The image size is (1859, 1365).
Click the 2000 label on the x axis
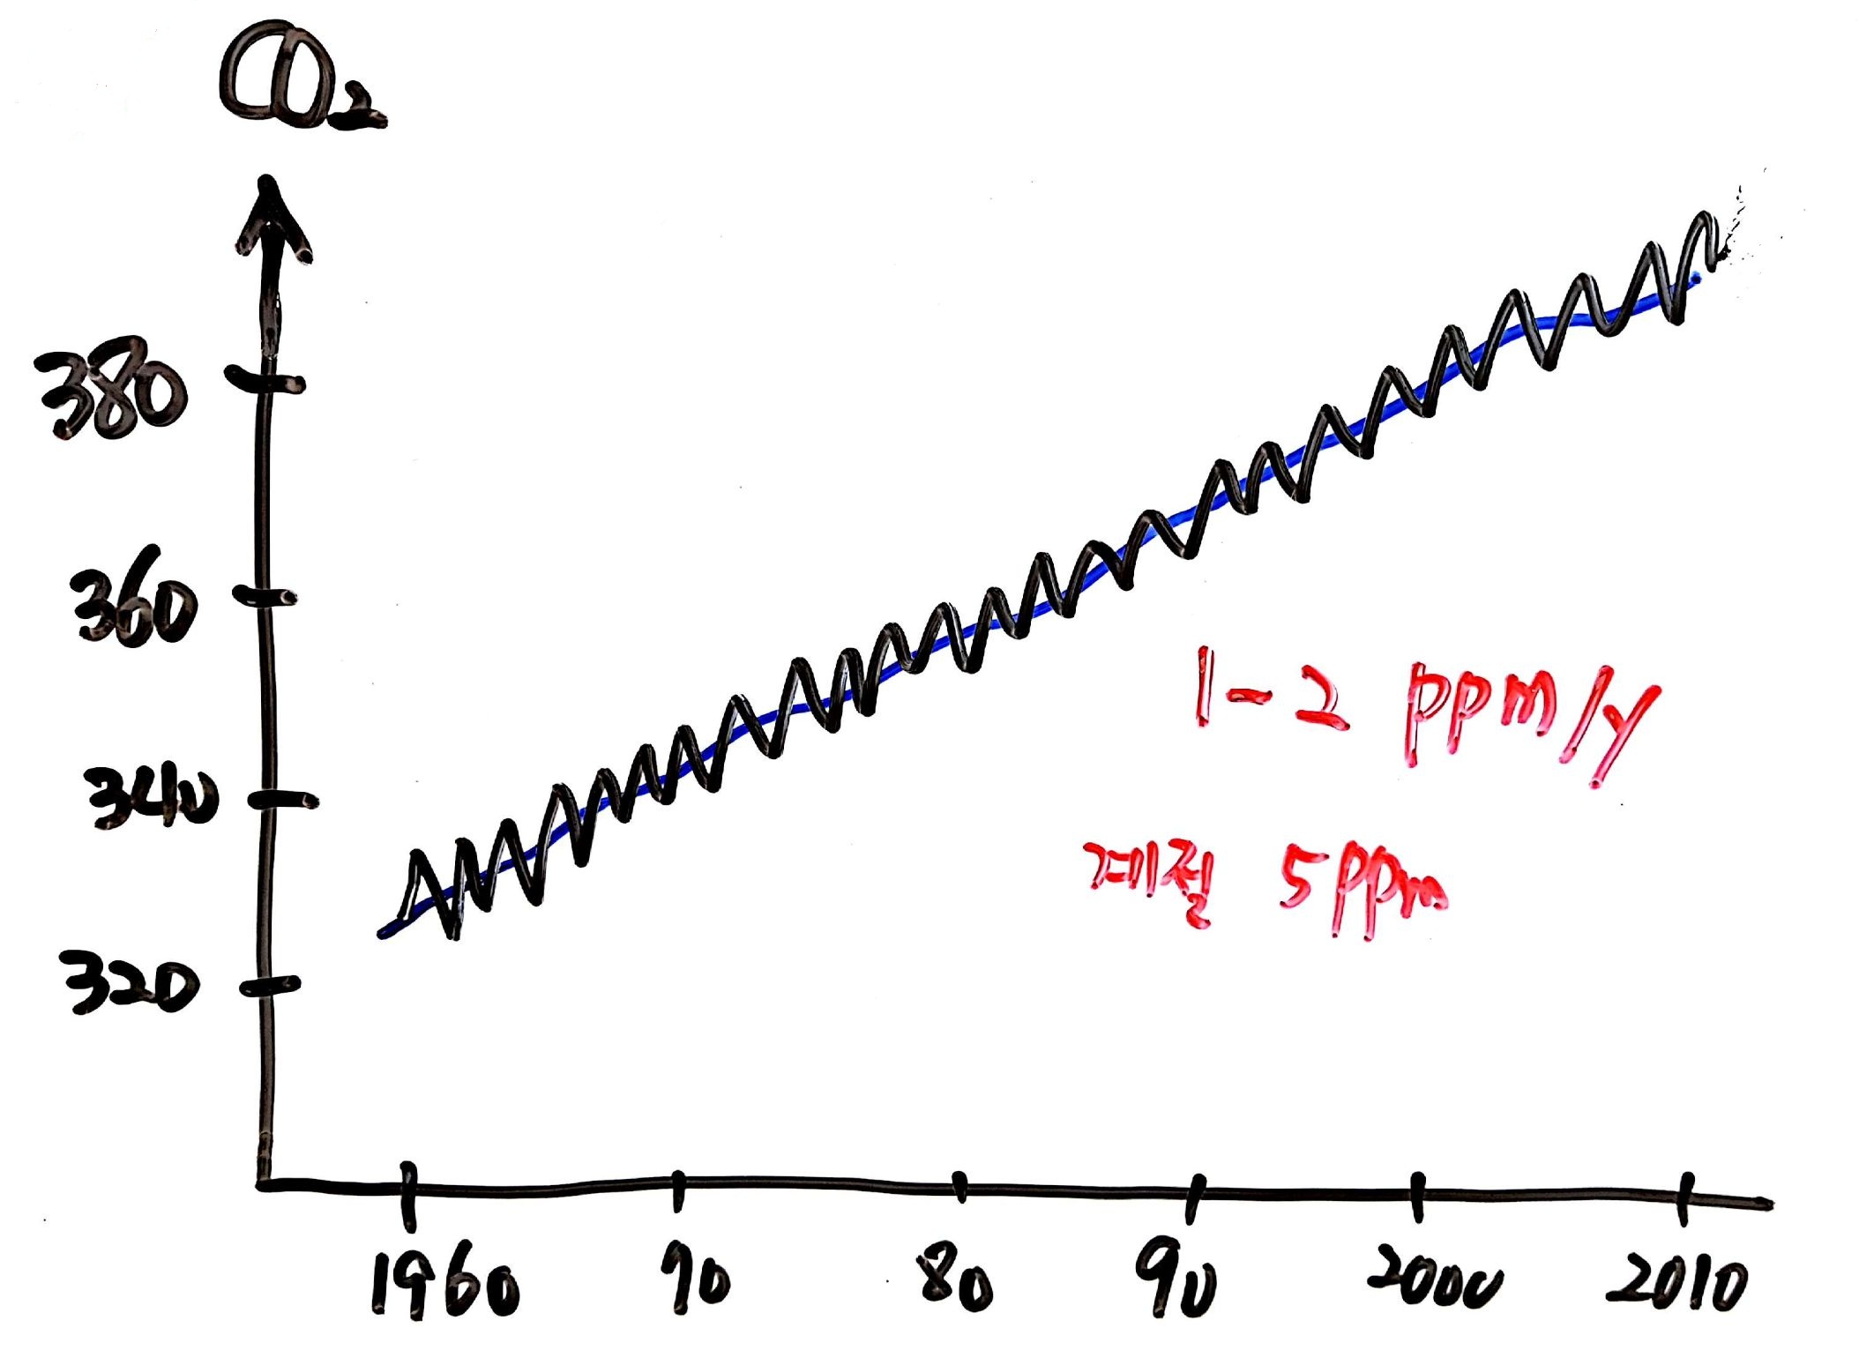[x=1432, y=1279]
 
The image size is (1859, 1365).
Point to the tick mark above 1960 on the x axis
[x=407, y=1195]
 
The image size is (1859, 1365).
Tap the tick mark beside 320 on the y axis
[x=270, y=986]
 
